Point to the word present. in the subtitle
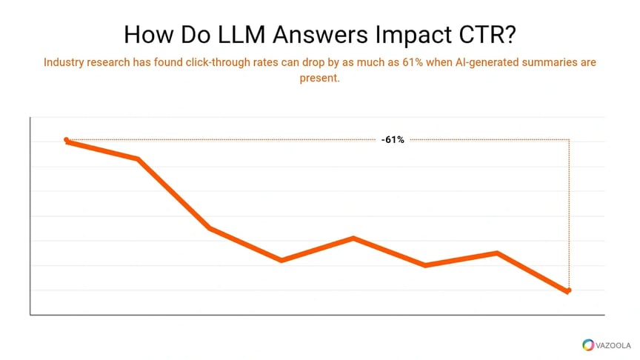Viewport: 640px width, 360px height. [319, 78]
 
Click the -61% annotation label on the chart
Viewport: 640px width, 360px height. [393, 139]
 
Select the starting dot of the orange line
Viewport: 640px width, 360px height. [67, 140]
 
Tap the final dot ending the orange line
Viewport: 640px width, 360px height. [568, 290]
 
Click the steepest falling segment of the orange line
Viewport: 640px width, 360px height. [173, 193]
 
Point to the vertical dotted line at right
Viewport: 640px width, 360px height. [569, 215]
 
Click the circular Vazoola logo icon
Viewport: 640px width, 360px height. [588, 344]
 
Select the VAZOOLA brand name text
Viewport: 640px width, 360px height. [613, 344]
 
